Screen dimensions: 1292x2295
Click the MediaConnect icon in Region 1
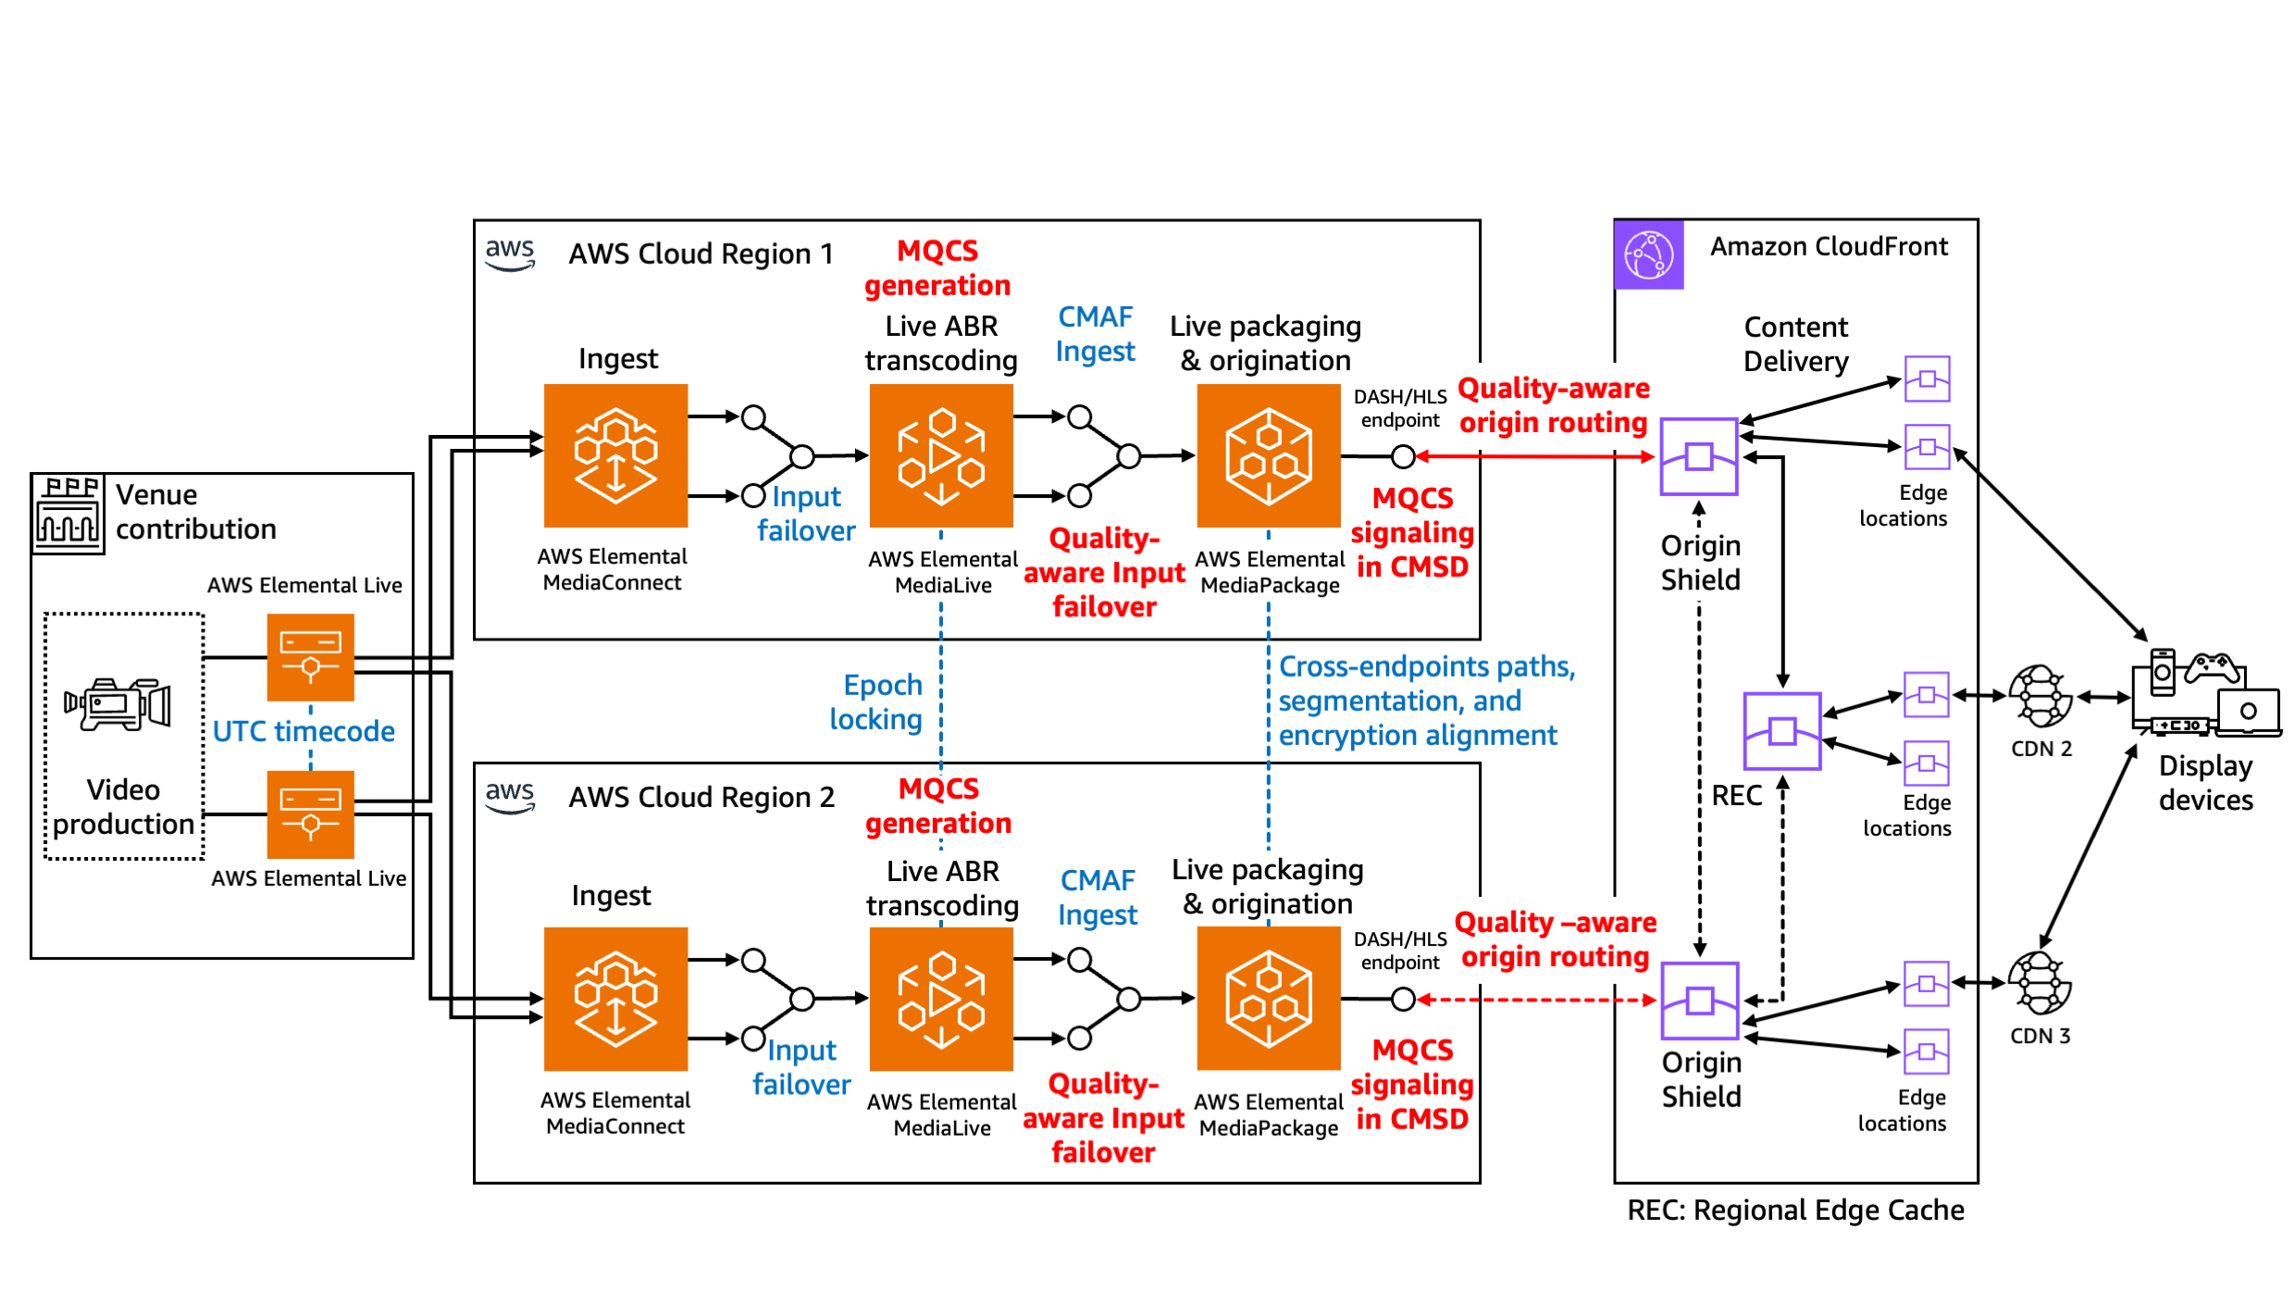615,455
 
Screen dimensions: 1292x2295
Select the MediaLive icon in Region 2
941,999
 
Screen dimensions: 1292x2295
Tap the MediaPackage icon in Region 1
1268,455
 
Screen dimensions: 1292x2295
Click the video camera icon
118,705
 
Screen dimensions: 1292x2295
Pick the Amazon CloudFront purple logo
1649,255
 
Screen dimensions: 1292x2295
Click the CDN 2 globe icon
2040,696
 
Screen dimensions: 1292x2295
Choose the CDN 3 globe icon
2040,983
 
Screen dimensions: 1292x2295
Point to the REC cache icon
1781,731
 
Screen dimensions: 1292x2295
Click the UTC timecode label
304,731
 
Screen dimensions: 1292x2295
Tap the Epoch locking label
877,702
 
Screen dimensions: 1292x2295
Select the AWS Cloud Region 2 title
701,797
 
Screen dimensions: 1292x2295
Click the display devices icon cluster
2204,694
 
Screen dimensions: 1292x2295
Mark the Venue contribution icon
68,514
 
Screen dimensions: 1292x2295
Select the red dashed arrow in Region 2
1536,1000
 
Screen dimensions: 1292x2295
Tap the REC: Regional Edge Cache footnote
1795,1210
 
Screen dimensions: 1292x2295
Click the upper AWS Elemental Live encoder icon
310,657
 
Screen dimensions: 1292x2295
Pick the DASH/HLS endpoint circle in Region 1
1403,456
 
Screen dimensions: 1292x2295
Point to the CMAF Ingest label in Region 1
1095,334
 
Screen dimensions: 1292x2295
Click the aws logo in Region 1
510,254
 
